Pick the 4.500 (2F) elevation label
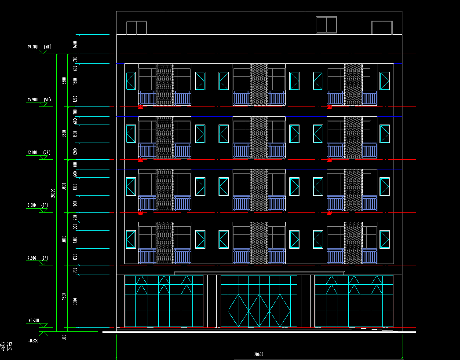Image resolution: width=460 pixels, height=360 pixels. [38, 258]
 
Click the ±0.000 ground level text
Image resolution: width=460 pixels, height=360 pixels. [33, 320]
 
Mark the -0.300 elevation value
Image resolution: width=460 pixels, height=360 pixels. [33, 341]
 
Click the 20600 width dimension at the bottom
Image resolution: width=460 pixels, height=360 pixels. [259, 355]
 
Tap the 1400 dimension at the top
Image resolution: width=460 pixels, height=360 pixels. [75, 44]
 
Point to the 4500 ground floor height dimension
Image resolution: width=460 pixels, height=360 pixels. [64, 297]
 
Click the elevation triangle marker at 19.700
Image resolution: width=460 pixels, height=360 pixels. [43, 52]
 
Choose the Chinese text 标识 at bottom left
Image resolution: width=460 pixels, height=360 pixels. [6, 346]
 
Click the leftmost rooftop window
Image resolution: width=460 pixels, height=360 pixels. [136, 27]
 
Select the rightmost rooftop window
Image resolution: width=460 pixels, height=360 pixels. [381, 27]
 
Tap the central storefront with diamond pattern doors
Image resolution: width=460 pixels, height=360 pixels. [259, 302]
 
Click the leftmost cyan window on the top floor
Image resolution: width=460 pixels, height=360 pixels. [131, 81]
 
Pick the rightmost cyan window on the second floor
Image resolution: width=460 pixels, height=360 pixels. [384, 239]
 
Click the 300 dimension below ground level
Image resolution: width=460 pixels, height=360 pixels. [64, 337]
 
